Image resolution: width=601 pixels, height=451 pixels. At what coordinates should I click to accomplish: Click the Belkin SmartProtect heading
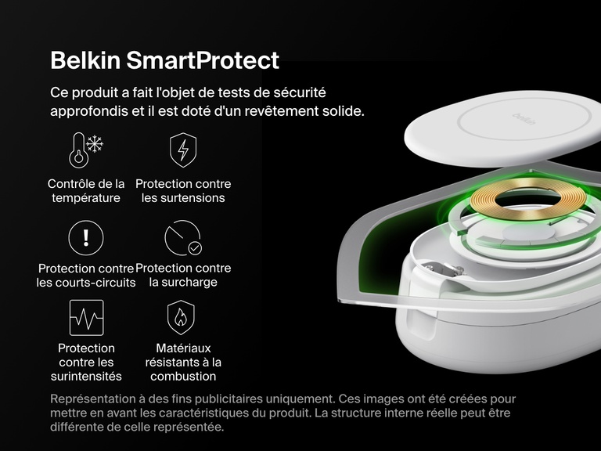(164, 60)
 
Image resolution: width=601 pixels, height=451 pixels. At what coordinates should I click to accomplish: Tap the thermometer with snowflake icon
(86, 150)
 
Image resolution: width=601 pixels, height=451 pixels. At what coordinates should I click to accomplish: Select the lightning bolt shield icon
(183, 150)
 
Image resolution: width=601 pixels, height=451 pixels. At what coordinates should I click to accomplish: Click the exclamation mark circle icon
(86, 237)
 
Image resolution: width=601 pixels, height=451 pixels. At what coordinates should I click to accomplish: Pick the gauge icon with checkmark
(183, 237)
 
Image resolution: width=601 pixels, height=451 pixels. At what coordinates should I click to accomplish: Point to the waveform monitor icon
(86, 317)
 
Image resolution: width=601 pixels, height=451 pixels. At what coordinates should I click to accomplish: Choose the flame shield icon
(183, 317)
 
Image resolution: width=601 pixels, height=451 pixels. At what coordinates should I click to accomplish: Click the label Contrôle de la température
(86, 191)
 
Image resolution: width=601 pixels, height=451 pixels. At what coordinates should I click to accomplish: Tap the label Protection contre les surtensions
(183, 191)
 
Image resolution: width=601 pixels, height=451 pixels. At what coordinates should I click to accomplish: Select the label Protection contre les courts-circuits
(86, 276)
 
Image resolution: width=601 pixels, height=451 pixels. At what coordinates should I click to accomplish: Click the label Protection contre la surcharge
(183, 275)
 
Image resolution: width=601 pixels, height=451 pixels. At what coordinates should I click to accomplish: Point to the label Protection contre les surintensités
(86, 362)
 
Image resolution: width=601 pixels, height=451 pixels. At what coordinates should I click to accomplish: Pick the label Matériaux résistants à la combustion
(183, 362)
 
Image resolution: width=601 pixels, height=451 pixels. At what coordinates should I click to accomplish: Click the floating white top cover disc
(501, 133)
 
